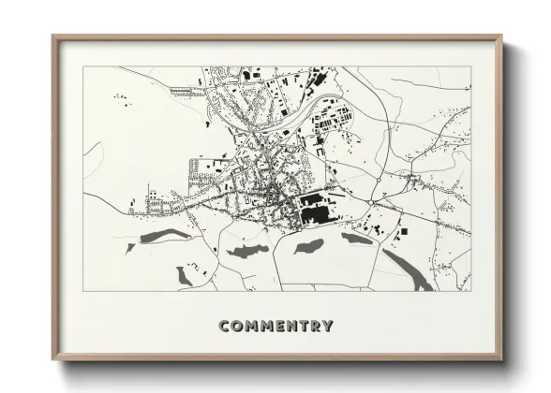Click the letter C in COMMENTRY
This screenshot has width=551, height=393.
(x=224, y=327)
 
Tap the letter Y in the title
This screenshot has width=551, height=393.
(x=327, y=327)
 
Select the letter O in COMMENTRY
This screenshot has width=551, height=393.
(x=237, y=327)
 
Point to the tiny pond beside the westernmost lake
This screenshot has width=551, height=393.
(x=130, y=248)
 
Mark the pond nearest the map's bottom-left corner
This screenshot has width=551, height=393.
(x=184, y=275)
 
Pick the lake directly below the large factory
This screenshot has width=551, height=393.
(x=308, y=247)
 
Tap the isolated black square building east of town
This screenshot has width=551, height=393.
(x=404, y=231)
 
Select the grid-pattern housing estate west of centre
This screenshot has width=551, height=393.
(x=202, y=170)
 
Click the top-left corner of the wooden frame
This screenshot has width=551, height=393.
(x=53, y=36)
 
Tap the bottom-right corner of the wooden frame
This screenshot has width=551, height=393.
(x=501, y=359)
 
